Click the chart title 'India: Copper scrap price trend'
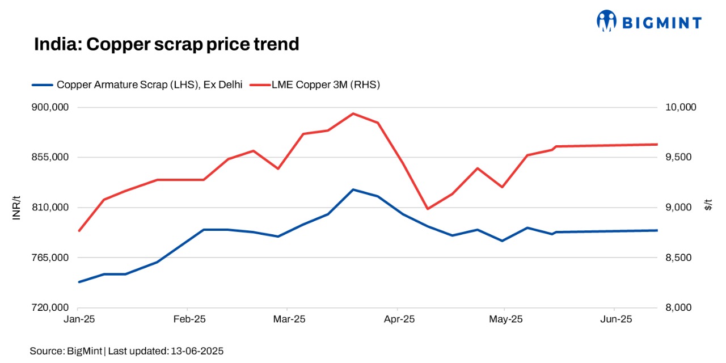click(x=166, y=44)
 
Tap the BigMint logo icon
click(x=606, y=21)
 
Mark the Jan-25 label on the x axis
click(x=79, y=319)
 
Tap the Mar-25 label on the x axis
click(x=289, y=319)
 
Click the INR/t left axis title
click(x=17, y=208)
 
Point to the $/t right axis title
click(x=708, y=205)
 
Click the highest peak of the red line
click(x=353, y=113)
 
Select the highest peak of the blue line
click(x=353, y=189)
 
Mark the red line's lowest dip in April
click(x=427, y=209)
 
